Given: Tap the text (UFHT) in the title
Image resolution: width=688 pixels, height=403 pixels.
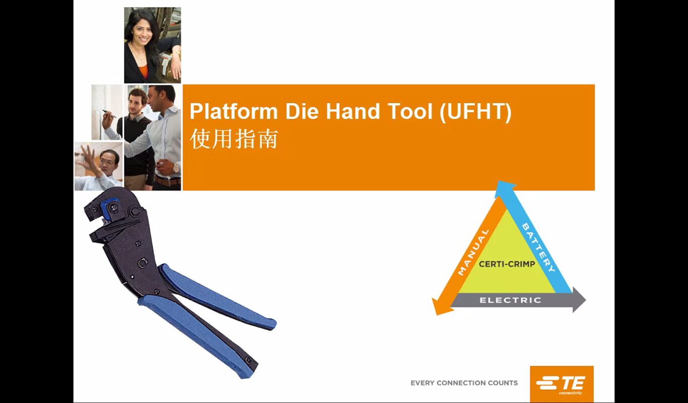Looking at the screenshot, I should point(475,112).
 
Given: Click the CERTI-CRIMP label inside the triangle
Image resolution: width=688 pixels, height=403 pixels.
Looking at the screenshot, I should point(507,264).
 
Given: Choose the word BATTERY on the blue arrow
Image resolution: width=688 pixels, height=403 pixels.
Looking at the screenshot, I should point(538,247).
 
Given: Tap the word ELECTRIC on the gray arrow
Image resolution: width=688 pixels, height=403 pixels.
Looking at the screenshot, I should point(510,300).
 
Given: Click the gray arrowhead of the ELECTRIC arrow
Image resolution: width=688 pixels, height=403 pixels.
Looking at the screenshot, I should point(579,300).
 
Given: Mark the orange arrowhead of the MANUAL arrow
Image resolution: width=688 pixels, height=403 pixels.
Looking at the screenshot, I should point(440,307).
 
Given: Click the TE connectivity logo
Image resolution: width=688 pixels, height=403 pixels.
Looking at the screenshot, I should point(562,384).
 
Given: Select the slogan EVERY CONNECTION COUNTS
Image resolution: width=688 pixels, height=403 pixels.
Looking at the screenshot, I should point(464,383).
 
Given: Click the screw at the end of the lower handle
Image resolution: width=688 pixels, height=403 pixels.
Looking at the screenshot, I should point(248,360).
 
